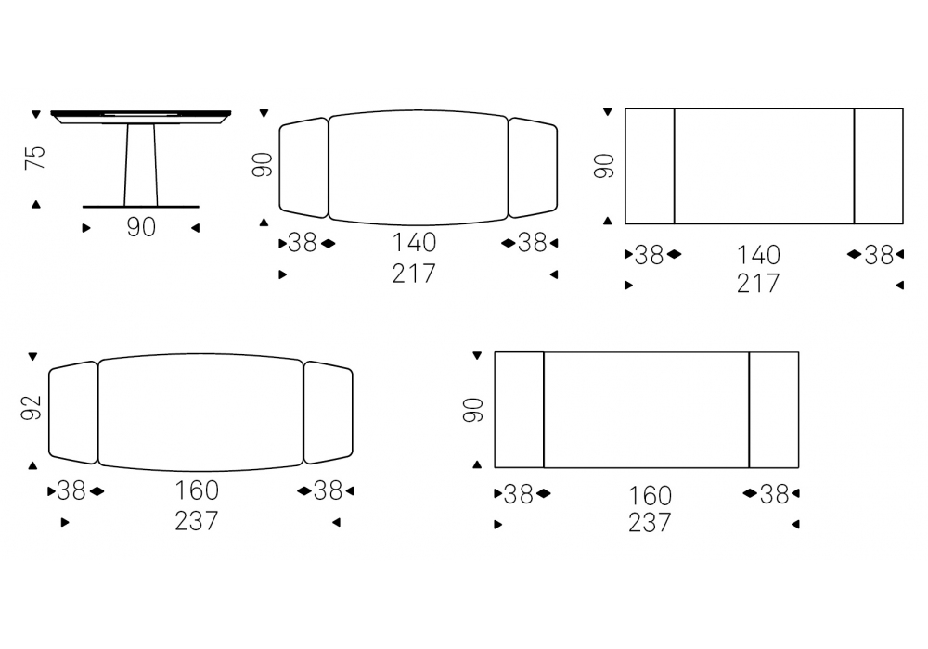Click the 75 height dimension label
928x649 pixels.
[35, 158]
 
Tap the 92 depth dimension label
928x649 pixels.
[31, 407]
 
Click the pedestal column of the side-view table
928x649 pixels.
[141, 165]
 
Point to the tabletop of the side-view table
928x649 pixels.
[141, 117]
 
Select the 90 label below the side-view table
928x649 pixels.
[141, 227]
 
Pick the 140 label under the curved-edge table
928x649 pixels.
[414, 242]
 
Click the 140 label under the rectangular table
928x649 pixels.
[758, 255]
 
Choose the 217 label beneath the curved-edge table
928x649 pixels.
[414, 274]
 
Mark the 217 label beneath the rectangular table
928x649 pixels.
[758, 284]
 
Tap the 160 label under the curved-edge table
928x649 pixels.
[197, 490]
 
